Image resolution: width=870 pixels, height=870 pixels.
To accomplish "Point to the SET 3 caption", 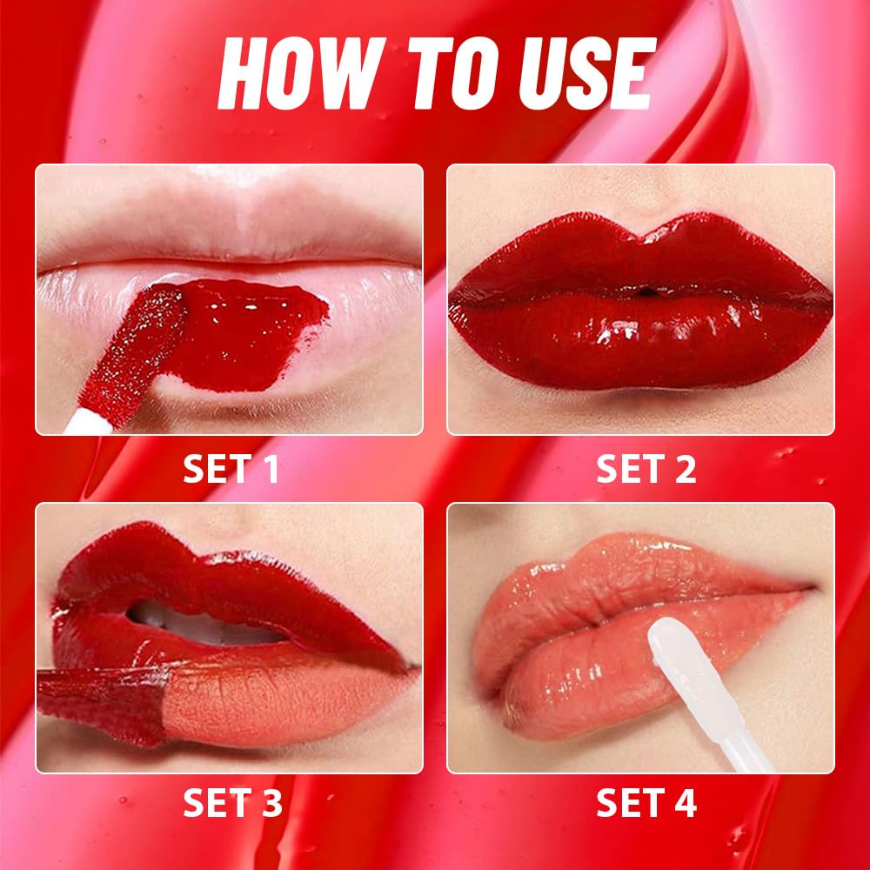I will click(232, 803).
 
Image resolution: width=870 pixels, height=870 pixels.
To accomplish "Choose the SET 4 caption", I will click(646, 803).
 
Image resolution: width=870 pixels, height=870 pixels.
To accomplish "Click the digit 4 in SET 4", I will click(685, 803).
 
